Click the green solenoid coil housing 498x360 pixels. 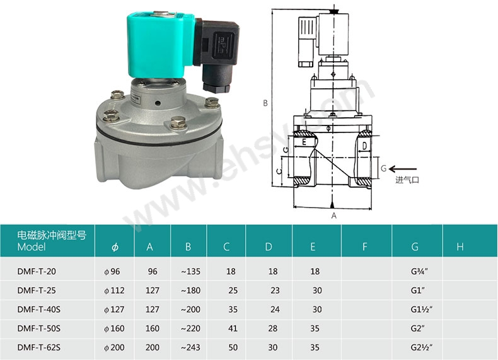[160, 45]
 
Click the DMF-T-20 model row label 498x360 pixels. [37, 271]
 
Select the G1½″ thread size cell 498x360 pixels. [422, 309]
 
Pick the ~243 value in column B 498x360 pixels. [190, 347]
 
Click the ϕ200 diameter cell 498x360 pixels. [114, 347]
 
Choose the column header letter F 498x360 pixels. [364, 247]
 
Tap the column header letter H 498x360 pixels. [460, 247]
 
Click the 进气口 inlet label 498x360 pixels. [407, 180]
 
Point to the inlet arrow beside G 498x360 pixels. [403, 169]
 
